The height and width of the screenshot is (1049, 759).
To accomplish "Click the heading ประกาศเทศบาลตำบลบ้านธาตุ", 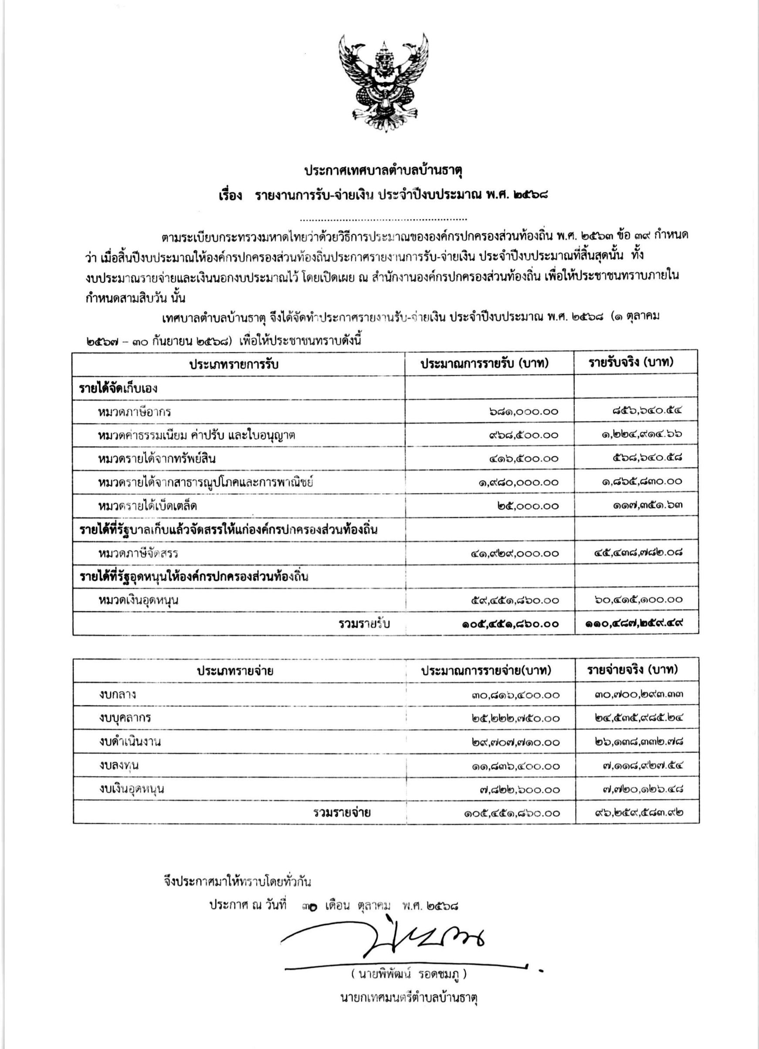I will [383, 171].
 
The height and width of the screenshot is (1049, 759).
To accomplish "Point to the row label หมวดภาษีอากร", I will [135, 411].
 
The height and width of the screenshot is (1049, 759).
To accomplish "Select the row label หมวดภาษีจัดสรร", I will [138, 553].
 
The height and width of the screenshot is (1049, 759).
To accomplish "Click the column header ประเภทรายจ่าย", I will [235, 671].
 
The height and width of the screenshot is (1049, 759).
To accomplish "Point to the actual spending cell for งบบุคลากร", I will [639, 718].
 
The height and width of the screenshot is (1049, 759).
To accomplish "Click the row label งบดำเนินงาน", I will [130, 741].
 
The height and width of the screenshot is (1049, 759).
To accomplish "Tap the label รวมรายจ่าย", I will [341, 813].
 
